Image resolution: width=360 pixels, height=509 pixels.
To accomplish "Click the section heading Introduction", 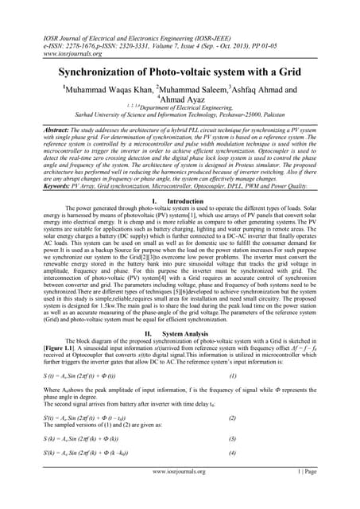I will click(x=191, y=204).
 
